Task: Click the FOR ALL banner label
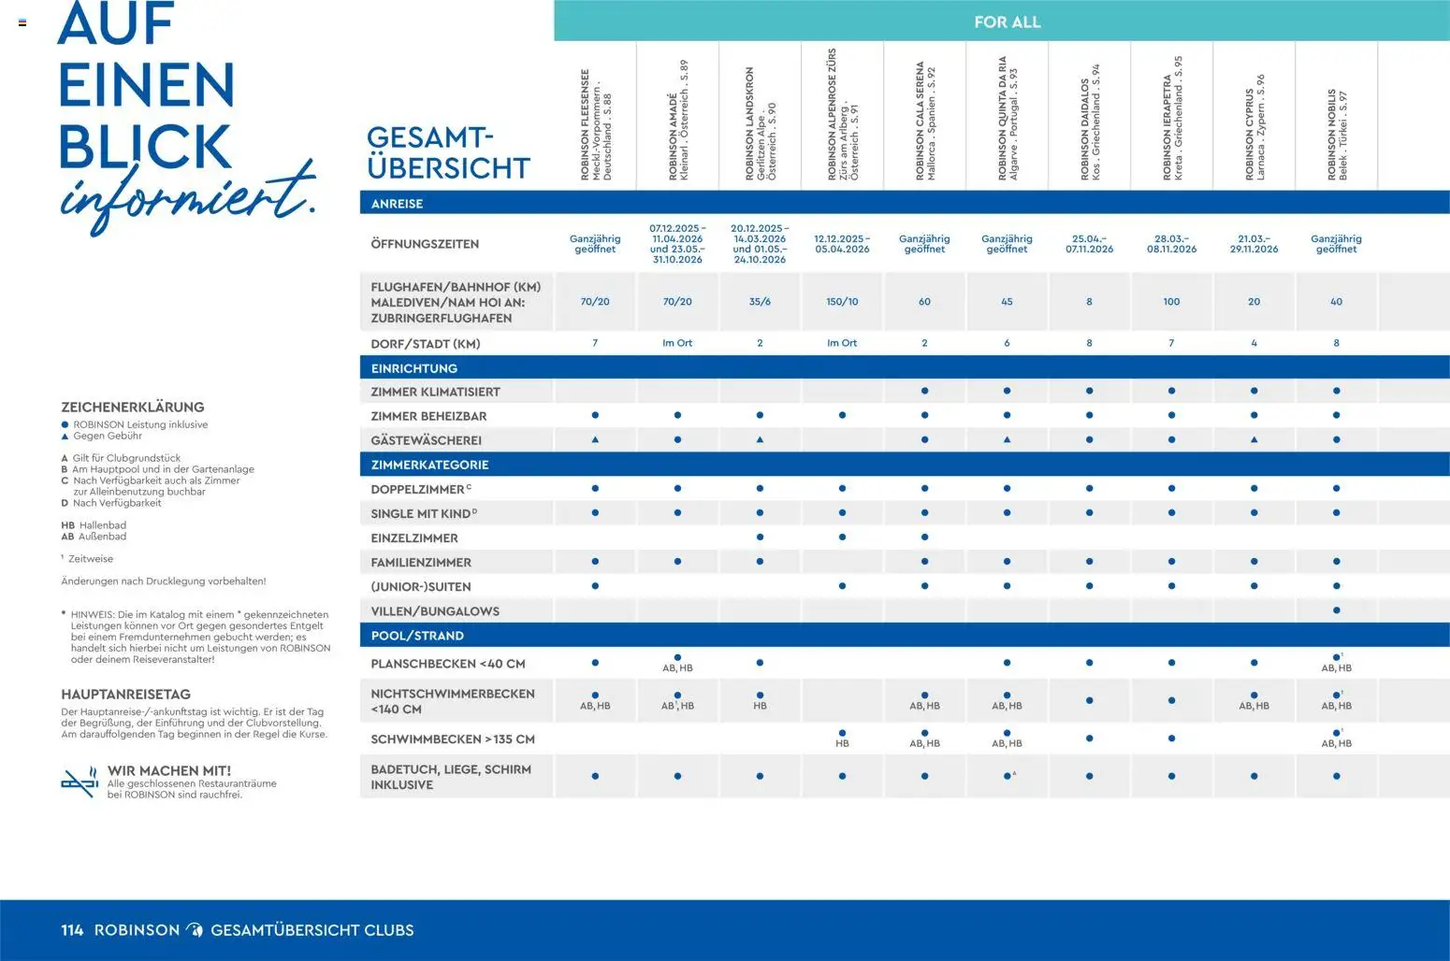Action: [1007, 22]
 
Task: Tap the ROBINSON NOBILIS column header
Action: [1337, 134]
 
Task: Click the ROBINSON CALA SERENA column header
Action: [925, 121]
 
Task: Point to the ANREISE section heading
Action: [397, 204]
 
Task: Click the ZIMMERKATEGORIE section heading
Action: [429, 465]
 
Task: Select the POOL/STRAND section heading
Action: [417, 636]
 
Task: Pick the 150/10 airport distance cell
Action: [842, 302]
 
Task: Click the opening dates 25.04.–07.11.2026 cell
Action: [1089, 244]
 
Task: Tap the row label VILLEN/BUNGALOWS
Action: [435, 611]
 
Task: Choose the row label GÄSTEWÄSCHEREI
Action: [426, 440]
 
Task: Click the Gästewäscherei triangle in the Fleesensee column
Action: [595, 439]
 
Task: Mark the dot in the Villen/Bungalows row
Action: [1336, 610]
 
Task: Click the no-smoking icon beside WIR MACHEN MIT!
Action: [80, 782]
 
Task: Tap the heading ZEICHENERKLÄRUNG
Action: [132, 408]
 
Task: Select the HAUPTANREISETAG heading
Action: [125, 695]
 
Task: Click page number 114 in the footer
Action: [72, 930]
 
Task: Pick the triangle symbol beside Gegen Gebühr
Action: [65, 437]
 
